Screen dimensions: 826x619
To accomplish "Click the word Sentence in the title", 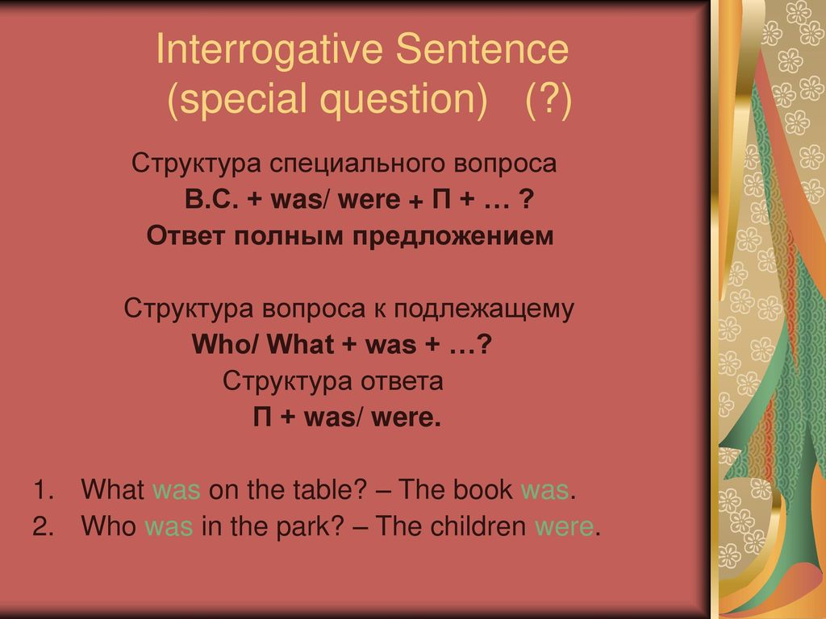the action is (482, 48).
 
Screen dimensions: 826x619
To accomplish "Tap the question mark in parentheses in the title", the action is (549, 100).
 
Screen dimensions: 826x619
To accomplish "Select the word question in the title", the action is (404, 100).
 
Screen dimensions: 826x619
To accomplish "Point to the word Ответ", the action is (186, 236).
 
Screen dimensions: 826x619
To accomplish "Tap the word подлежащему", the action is (484, 310).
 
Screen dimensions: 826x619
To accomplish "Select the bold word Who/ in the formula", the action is (226, 344).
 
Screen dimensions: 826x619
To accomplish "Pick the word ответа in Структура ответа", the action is (402, 381).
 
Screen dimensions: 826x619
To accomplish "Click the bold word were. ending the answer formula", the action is (407, 418).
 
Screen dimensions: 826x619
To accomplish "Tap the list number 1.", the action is (44, 489).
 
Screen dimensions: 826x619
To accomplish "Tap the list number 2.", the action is (44, 526).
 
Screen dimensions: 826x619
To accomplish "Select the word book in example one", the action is (482, 489).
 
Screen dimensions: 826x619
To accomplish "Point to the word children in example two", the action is (478, 526).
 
